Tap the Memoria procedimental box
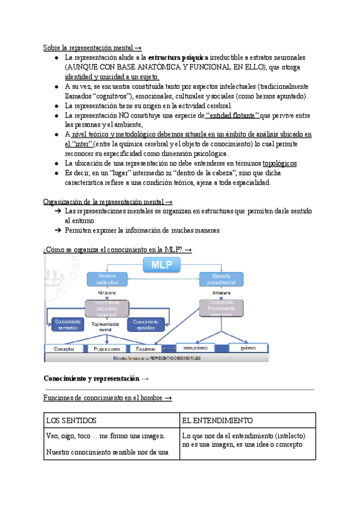coord(221,279)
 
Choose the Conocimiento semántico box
coord(68,324)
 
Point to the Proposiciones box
coord(107,349)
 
